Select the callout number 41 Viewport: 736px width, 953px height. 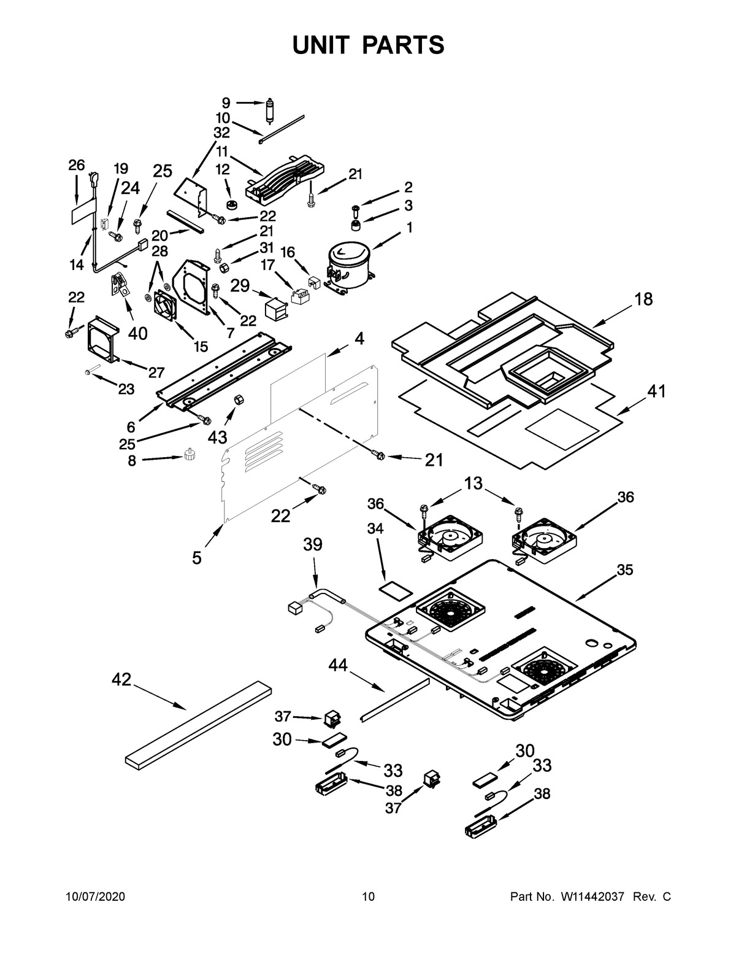pos(656,391)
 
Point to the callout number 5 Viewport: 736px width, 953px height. pos(196,558)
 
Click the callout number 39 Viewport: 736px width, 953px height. pos(312,545)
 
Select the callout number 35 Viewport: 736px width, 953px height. pos(624,569)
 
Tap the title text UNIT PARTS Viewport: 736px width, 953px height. pos(368,45)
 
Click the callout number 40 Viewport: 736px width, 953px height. pos(137,333)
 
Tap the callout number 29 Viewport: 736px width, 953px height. pos(240,286)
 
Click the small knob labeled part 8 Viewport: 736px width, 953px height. pos(190,455)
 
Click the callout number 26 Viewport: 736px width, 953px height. pos(76,165)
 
